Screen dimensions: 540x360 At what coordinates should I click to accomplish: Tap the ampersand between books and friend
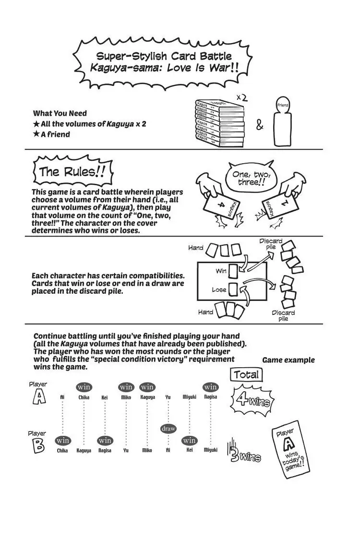tap(260, 126)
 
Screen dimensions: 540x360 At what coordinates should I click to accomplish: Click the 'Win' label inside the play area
tap(221, 271)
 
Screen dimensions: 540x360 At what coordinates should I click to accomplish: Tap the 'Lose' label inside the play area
tap(219, 290)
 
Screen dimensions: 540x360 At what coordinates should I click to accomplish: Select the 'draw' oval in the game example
tap(168, 429)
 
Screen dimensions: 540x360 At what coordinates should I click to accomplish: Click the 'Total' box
tap(246, 375)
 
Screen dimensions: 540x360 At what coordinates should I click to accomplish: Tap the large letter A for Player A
tap(38, 397)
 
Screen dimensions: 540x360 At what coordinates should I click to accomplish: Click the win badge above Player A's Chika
tap(84, 387)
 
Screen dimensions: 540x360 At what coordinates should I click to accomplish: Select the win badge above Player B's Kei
tap(189, 440)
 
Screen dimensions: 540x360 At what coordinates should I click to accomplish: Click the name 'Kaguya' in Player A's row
tap(147, 397)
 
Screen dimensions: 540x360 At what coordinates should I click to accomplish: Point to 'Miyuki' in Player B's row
tap(210, 450)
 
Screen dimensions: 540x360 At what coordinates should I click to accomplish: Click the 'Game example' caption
tap(288, 360)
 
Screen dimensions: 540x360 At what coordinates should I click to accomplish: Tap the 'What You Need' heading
tap(60, 113)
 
